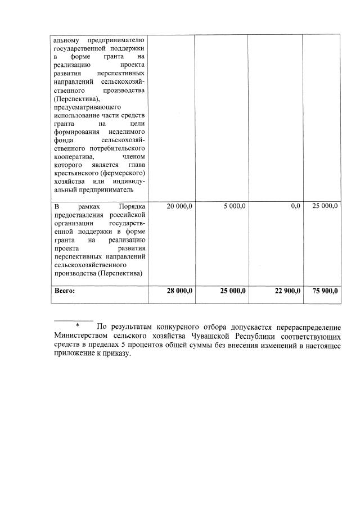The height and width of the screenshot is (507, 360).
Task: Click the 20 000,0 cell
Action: pos(180,206)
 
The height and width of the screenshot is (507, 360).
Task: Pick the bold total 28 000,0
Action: pos(179,291)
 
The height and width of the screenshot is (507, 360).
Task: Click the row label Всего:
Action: pos(64,291)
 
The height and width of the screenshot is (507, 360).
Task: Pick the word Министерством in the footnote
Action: pos(80,336)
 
